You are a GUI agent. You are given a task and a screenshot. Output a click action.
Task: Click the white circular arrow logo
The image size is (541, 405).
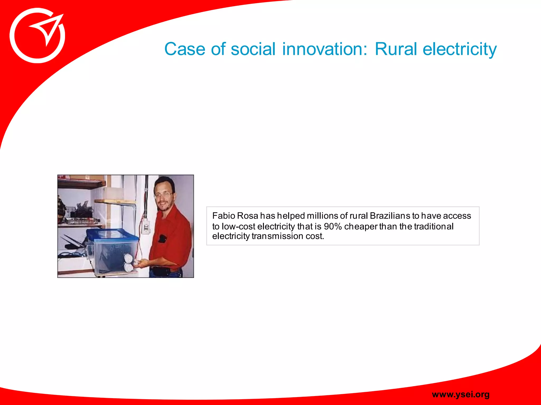coord(37,36)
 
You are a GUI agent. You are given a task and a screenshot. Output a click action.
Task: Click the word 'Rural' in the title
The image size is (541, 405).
coord(395,49)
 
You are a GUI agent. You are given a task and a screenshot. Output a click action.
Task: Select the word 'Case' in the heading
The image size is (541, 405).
coord(185,49)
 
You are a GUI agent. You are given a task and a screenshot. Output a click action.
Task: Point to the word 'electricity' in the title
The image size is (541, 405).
coord(460,49)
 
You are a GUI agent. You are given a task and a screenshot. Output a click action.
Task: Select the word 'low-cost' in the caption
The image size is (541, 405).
coord(238,226)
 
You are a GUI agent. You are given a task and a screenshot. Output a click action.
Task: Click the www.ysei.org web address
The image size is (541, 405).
coord(461,394)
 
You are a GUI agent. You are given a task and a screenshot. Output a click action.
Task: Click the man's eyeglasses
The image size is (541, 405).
coord(163,195)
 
